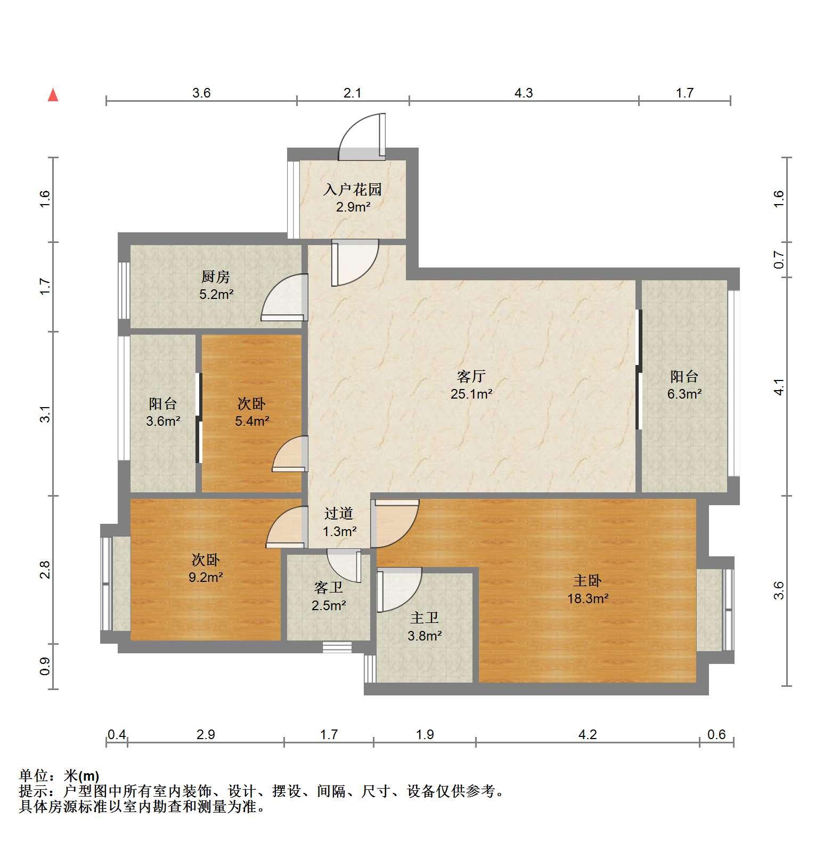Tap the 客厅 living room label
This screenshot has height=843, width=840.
pos(471,377)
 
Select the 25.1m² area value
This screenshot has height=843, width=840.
pos(471,394)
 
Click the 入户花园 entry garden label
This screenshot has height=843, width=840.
pos(353,190)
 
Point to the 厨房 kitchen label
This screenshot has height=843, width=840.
pos(216,277)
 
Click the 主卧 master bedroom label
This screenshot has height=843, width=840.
pos(588,580)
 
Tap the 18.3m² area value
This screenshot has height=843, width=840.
pos(588,598)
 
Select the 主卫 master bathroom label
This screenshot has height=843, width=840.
pos(425,618)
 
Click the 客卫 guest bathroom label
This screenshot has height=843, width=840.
pos(329,588)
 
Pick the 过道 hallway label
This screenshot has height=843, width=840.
pos(339,514)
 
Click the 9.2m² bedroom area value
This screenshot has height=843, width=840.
pos(206,577)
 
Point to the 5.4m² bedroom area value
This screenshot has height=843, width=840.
pos(252,421)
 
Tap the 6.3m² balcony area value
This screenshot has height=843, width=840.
pos(684,394)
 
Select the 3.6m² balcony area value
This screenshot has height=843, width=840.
pos(163,421)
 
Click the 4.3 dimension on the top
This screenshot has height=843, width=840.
pos(524,93)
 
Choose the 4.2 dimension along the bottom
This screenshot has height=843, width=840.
pos(588,734)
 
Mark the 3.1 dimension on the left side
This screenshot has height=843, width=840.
pos(45,414)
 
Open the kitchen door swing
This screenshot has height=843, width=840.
pos(284,297)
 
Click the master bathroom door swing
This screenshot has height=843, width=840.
pos(399,590)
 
